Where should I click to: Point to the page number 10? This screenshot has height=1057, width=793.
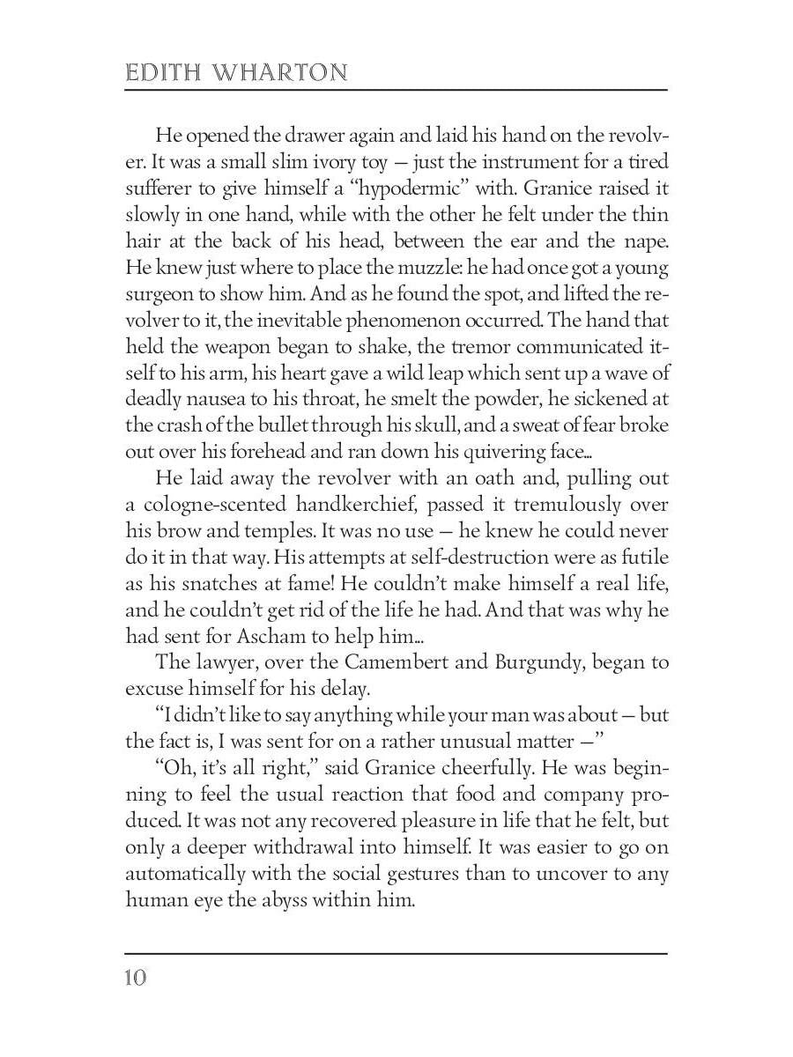click(137, 978)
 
